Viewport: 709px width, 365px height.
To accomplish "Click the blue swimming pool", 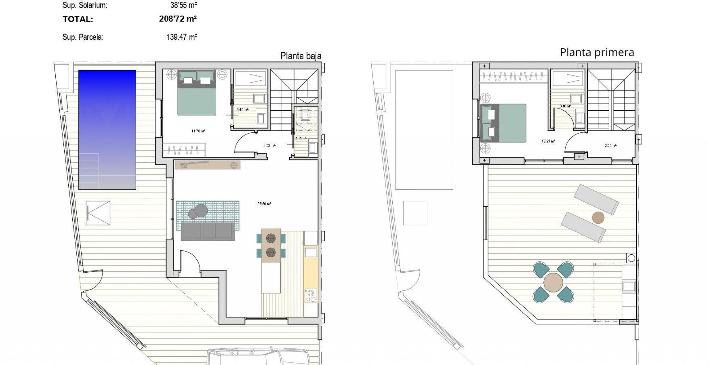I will tap(107, 129).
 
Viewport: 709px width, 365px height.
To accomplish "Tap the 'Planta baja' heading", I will tap(301, 56).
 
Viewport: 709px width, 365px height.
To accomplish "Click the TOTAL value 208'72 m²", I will tap(178, 19).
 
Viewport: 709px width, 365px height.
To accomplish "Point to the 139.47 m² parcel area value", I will tap(182, 37).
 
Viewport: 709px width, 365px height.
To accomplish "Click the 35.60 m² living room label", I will tap(264, 204).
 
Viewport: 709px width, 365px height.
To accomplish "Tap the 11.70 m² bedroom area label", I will tap(198, 131).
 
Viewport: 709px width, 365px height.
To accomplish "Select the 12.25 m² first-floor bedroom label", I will tap(548, 141).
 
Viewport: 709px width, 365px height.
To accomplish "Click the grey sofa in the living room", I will tap(207, 231).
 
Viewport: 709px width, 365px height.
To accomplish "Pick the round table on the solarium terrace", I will tap(553, 282).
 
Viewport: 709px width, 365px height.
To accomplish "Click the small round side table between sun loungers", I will tap(598, 218).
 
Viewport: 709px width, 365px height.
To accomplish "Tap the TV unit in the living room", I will tap(208, 165).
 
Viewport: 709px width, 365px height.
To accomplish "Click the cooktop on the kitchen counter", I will tap(311, 295).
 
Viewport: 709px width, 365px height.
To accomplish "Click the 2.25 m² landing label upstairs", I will tap(610, 146).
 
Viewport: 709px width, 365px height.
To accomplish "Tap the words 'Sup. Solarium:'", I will tap(85, 5).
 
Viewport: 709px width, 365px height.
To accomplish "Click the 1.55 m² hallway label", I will tap(269, 146).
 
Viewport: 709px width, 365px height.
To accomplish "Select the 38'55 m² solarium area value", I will tap(184, 5).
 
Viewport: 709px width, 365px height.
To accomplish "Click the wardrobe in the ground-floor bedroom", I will tap(184, 150).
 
